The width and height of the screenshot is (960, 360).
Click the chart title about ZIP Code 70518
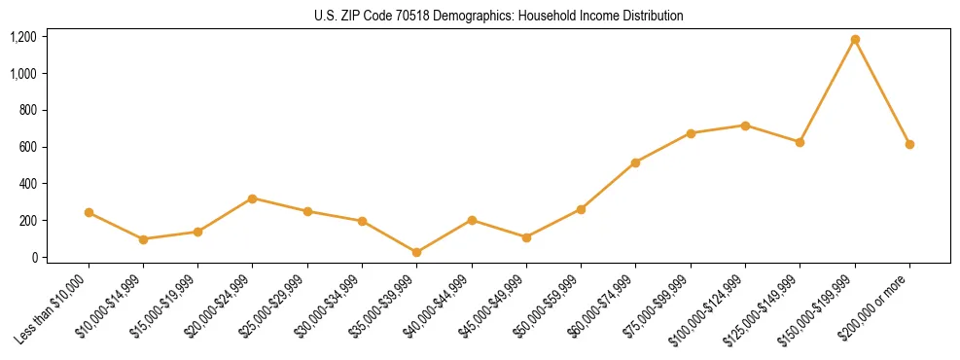pos(499,16)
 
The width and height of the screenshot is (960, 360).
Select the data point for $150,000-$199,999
pos(855,40)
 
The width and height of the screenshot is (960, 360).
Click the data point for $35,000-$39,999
pos(417,252)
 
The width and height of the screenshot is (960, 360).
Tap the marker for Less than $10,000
pos(89,212)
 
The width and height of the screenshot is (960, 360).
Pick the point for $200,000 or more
pos(909,144)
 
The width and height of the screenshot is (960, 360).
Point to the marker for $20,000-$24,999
pos(253,198)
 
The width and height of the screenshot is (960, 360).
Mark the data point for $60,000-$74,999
pos(636,162)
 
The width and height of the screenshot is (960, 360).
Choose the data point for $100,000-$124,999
pos(745,126)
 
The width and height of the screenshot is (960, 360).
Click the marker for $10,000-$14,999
pos(143,239)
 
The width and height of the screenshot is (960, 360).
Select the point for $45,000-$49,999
pos(526,237)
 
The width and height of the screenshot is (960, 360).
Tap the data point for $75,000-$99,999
pos(691,133)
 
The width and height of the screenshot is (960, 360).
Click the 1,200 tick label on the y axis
pos(23,37)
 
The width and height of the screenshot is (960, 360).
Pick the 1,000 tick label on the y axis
pos(23,74)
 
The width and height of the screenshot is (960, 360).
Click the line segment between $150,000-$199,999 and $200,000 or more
pos(882,92)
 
